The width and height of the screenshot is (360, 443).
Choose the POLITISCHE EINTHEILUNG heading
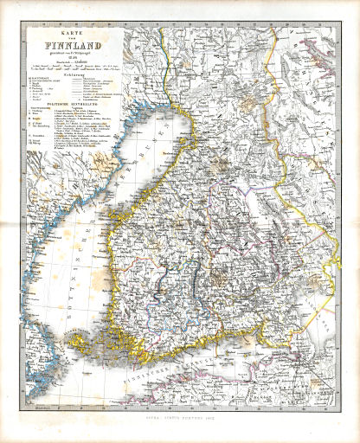pos(61,127)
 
